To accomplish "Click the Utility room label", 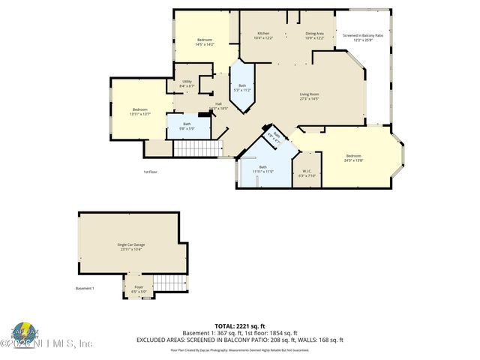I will point(187,84).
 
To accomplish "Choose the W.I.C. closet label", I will point(307,172).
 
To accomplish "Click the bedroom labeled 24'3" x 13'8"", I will point(353,158).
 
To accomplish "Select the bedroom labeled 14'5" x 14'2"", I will point(205,42).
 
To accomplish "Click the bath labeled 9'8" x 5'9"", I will point(187,126).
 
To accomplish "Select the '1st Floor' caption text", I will point(151,172).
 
